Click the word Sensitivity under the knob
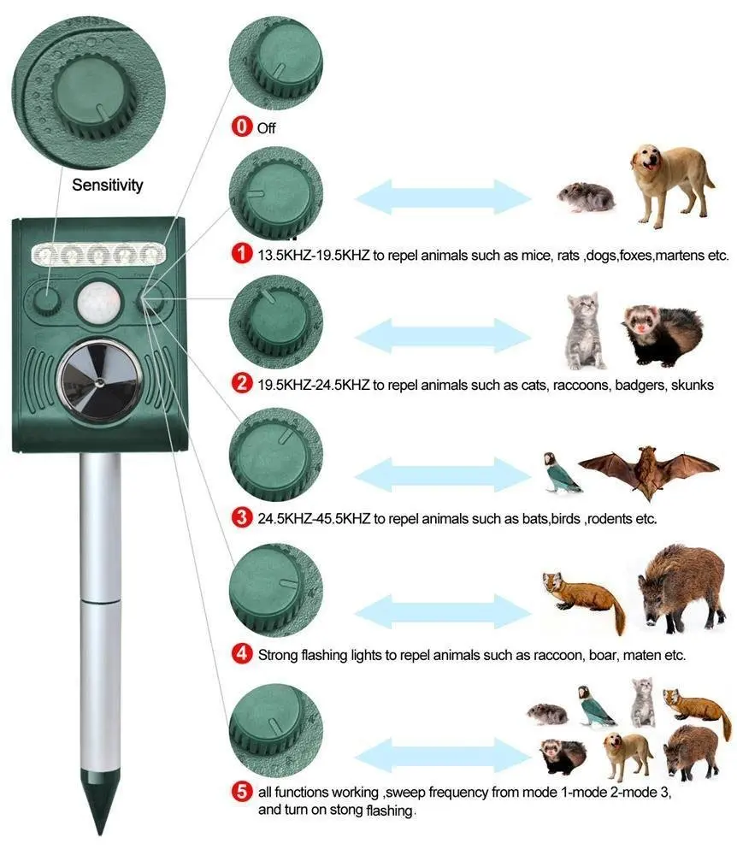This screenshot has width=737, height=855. point(108,185)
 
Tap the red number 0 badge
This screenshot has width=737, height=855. point(243,127)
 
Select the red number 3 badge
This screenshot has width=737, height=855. point(243,518)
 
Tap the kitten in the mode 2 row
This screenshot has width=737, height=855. point(585,330)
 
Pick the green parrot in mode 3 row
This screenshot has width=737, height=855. point(561,473)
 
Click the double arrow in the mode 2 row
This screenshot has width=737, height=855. point(443,335)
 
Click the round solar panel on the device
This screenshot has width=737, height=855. point(101,379)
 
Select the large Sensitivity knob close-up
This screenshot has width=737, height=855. point(84,85)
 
